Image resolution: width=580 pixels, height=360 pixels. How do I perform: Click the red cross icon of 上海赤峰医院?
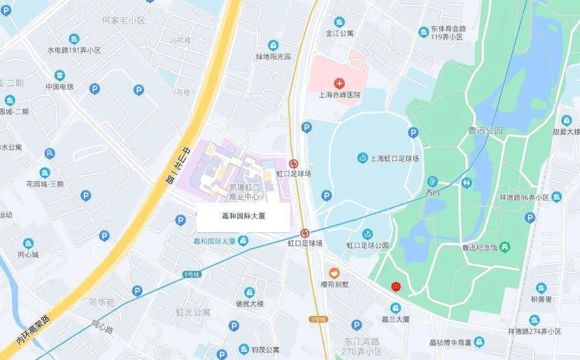pos(339,83)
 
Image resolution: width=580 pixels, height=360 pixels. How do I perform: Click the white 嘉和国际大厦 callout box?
pos(243,217)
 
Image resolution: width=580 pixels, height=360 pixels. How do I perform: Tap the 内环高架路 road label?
pos(33,329)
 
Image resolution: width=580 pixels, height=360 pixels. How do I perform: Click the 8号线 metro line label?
pos(191,275)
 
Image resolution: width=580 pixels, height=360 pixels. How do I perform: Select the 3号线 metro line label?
pos(318,320)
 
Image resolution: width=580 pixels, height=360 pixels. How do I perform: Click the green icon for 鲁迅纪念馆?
pos(504,247)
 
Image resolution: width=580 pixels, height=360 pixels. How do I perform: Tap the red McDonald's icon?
pos(396,287)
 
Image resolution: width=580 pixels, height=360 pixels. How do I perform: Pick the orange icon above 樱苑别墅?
pos(334,273)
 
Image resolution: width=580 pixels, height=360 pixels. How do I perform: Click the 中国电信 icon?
pos(59,75)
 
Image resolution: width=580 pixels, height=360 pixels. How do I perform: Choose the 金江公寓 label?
pos(339,33)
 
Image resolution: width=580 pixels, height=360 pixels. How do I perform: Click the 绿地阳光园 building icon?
pos(273,45)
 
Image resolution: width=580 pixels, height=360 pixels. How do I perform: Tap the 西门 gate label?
pos(433,192)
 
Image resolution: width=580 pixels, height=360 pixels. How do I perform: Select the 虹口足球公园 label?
pos(367,245)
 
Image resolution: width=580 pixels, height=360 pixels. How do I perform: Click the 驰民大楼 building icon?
pos(250,292)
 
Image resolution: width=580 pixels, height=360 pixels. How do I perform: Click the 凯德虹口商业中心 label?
pos(244,192)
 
